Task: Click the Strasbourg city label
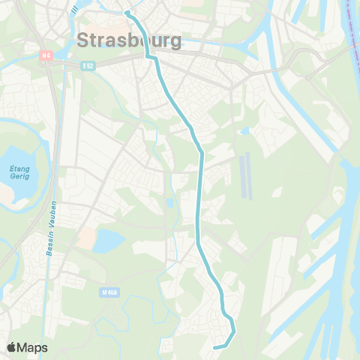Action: pyautogui.click(x=129, y=40)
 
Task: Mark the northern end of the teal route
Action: pyautogui.click(x=127, y=13)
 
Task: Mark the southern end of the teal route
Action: pyautogui.click(x=215, y=347)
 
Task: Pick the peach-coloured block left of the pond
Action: pyautogui.click(x=86, y=239)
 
